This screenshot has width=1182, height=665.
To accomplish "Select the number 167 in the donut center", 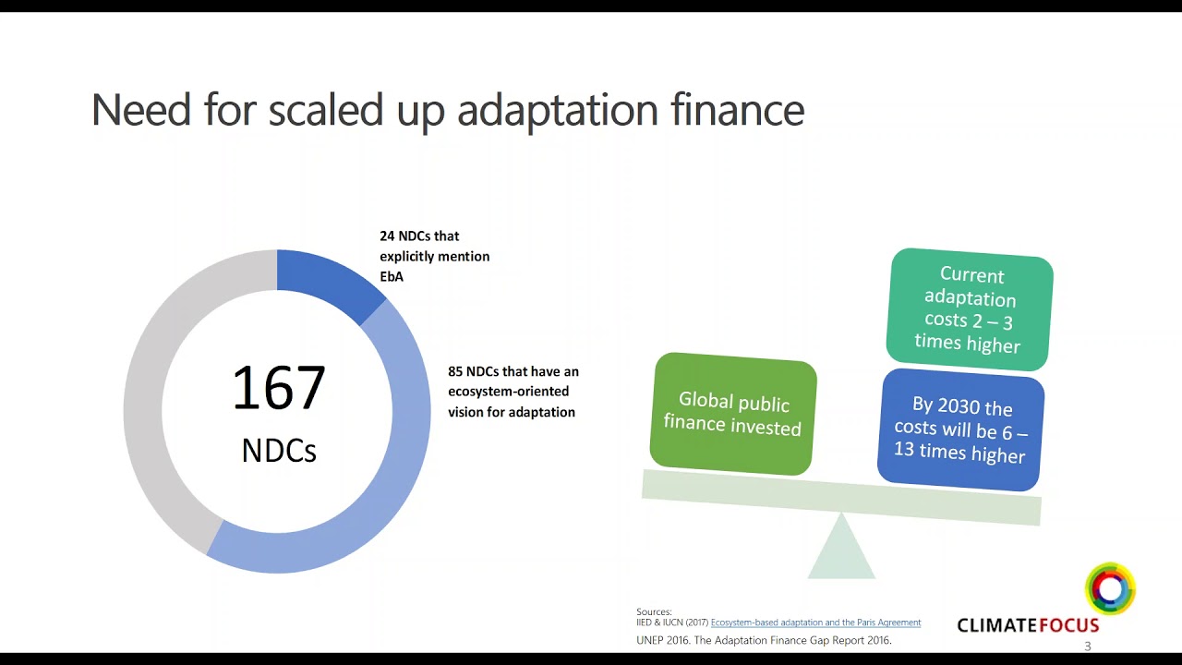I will click(278, 389).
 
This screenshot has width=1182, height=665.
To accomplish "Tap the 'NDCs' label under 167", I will click(278, 451).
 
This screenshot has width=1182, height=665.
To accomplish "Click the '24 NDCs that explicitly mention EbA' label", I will click(434, 256).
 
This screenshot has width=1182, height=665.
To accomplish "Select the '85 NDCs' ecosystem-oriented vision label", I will click(513, 392).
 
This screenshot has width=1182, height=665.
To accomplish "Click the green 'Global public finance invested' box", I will click(733, 413).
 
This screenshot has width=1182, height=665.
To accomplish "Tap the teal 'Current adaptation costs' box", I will click(969, 309).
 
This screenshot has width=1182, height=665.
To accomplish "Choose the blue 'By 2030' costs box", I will click(960, 430).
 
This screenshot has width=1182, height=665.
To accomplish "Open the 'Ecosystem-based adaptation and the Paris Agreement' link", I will click(815, 623).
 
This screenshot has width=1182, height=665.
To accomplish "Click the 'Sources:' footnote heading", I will click(654, 611).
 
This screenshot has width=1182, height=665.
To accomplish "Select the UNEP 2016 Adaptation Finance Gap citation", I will click(764, 640).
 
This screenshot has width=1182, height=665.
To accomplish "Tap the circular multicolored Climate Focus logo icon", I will click(1110, 588).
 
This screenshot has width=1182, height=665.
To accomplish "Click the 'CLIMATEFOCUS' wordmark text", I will click(1027, 625).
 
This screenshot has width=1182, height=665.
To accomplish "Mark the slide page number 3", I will click(1088, 647).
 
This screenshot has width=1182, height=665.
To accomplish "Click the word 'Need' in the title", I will click(142, 110).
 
